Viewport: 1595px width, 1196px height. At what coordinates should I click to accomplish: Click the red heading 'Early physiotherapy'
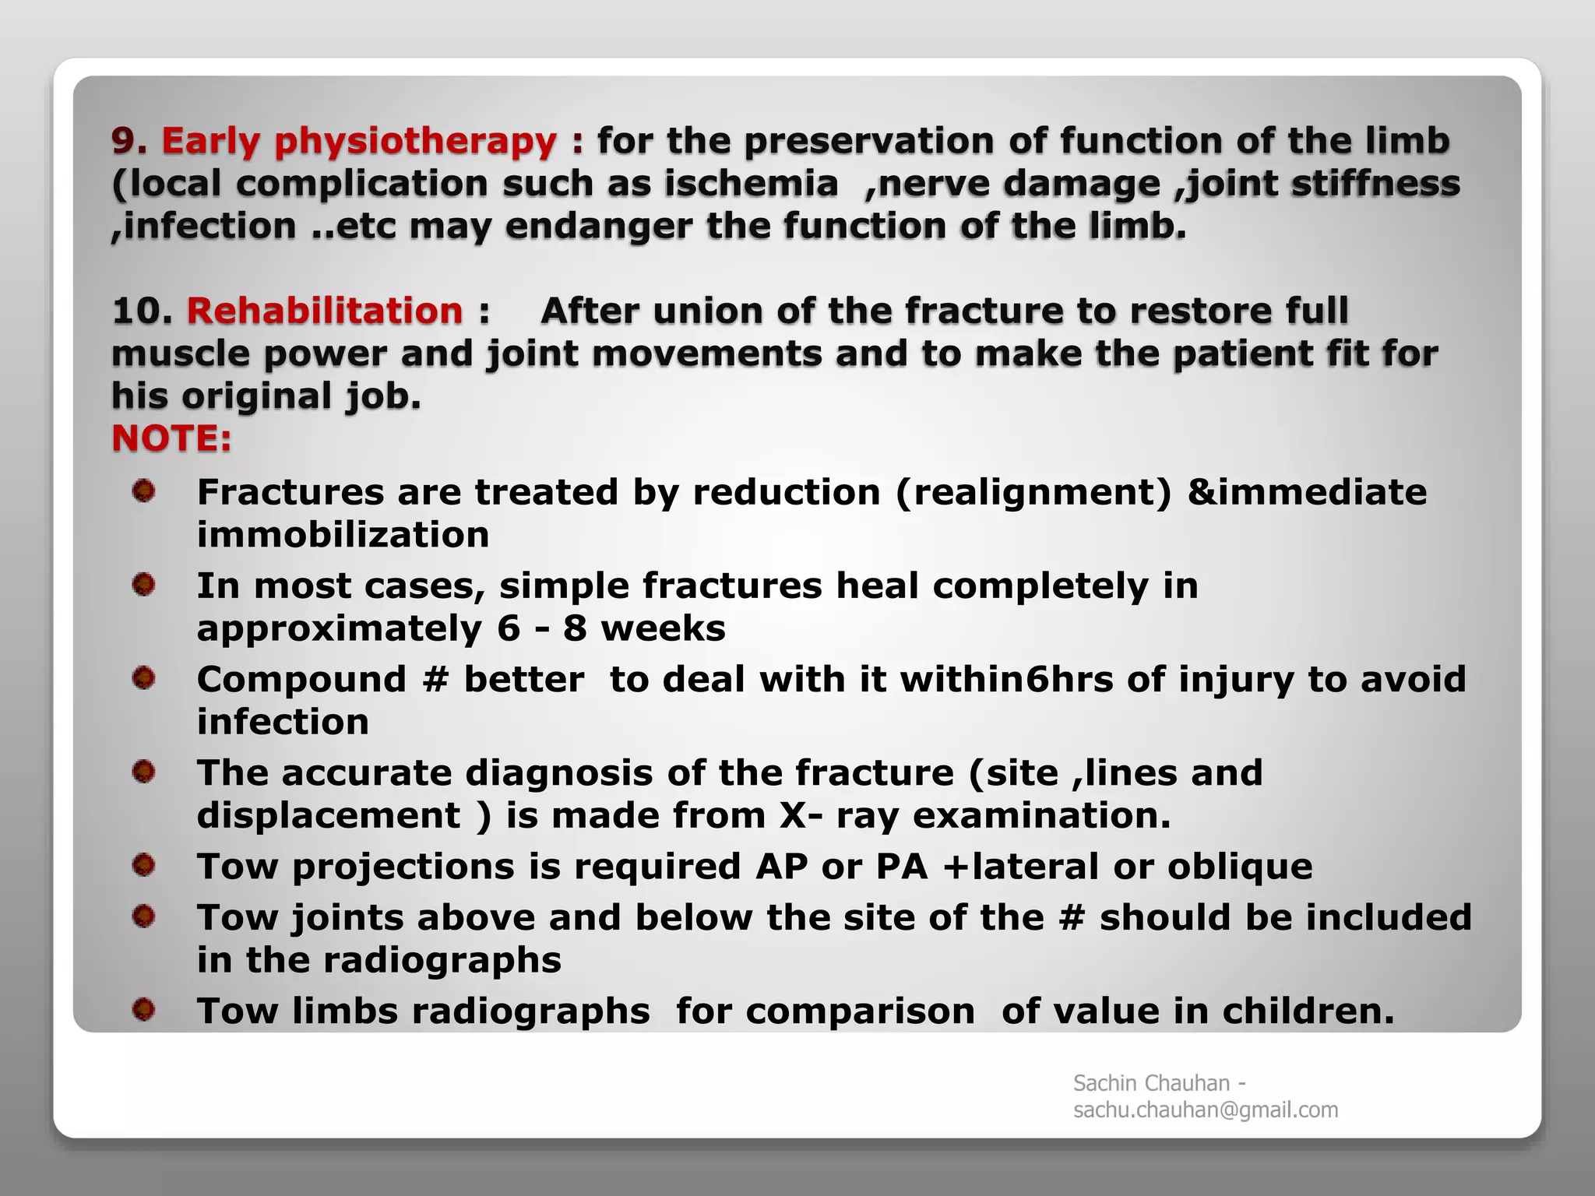click(x=359, y=141)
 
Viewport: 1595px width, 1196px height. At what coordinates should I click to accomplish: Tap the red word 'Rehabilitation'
click(x=325, y=311)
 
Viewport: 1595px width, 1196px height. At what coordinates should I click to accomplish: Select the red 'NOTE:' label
click(x=171, y=438)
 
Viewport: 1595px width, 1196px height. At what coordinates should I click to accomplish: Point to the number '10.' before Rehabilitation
click(x=142, y=311)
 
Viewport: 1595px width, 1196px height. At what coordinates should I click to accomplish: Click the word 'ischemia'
click(x=751, y=184)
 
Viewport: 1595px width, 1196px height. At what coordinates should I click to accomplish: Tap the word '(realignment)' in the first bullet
click(x=1033, y=493)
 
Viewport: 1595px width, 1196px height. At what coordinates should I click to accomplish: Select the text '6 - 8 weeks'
click(x=616, y=628)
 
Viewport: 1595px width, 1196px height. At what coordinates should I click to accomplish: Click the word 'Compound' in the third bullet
click(x=301, y=680)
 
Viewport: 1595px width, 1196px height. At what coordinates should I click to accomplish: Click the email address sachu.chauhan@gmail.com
click(x=1206, y=1110)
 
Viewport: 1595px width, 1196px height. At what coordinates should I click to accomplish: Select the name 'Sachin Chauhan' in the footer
click(x=1151, y=1083)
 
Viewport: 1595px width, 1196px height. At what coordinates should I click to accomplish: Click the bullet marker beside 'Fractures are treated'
click(x=143, y=491)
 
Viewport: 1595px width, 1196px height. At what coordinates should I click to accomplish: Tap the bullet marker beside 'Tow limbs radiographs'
click(x=143, y=1010)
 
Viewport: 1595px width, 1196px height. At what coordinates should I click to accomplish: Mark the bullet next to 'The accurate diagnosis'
click(x=143, y=772)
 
